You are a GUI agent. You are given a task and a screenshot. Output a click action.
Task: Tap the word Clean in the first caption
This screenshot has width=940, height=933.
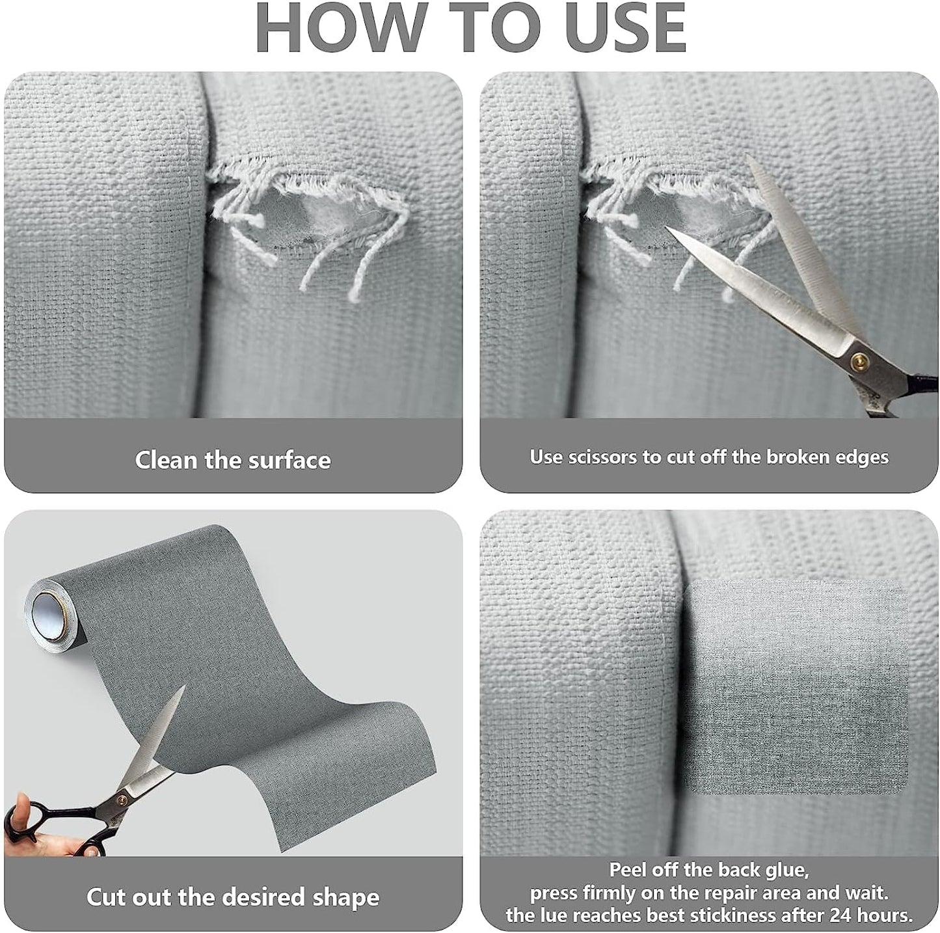point(167,460)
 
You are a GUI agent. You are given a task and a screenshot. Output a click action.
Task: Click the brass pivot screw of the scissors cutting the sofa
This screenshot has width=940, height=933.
point(856,360)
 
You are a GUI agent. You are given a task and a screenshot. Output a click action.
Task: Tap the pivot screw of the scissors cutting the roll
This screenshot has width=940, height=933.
point(121,799)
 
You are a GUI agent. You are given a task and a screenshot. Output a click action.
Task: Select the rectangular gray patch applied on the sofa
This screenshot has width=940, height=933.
point(795,693)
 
